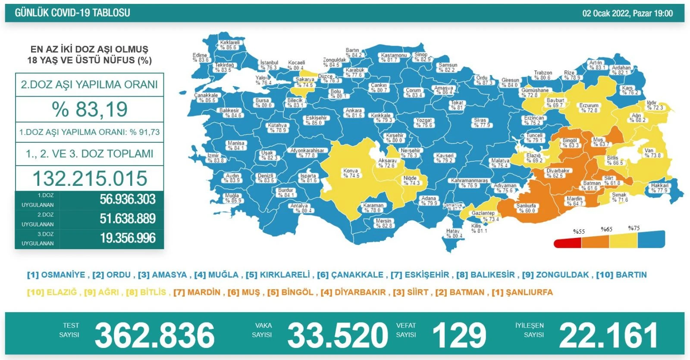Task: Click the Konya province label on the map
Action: (351, 173)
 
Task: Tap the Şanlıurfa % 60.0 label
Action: (526, 208)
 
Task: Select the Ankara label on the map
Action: (354, 113)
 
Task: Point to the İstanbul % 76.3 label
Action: (269, 65)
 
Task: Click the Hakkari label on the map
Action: (659, 188)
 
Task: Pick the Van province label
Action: (652, 153)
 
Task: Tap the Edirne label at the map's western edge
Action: (201, 57)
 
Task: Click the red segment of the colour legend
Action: (567, 243)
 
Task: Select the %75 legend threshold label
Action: (634, 228)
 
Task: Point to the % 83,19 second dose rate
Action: (90, 109)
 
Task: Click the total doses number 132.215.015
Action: (90, 178)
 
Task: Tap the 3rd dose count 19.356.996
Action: (128, 238)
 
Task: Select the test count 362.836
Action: (154, 335)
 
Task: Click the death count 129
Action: (459, 335)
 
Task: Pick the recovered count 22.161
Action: (608, 335)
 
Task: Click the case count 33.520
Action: (338, 335)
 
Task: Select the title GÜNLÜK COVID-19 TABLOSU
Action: (72, 13)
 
